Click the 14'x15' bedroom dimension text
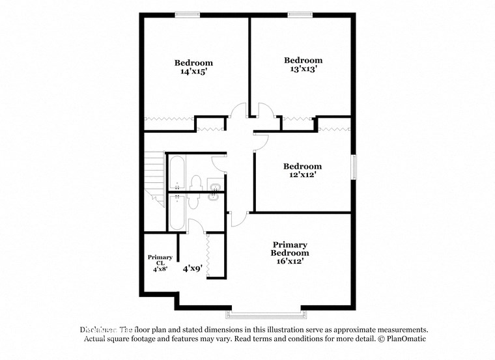193,72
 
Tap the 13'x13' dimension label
303,68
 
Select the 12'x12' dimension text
303,175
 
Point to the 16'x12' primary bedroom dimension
290,261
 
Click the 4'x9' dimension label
193,268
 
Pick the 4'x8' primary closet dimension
160,269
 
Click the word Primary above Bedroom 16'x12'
290,245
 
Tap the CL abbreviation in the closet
160,263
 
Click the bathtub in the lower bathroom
176,211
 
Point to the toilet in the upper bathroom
195,182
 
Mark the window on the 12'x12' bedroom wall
354,166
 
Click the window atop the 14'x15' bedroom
187,15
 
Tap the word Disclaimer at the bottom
98,330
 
